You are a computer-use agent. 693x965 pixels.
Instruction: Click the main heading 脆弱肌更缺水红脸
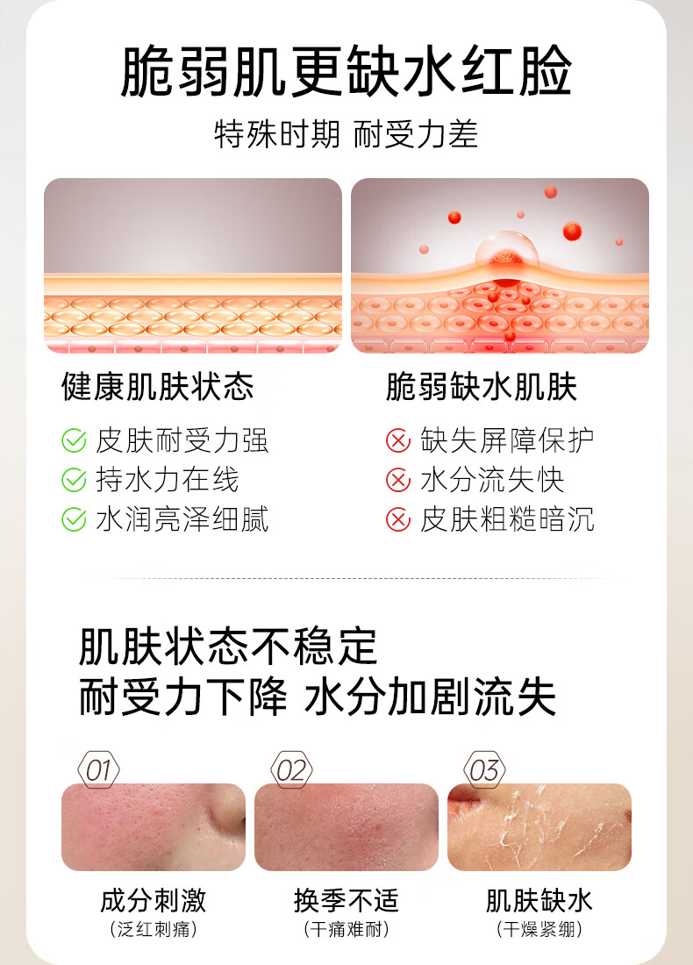pos(346,71)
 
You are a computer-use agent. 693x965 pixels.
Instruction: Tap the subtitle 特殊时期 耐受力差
pos(346,134)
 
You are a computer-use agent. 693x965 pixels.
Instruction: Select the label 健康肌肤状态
pos(158,387)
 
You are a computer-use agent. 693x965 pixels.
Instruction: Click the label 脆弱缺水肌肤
pos(482,387)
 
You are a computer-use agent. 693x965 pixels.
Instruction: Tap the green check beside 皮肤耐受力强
pos(74,440)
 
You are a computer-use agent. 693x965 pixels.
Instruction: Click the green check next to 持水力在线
pos(74,480)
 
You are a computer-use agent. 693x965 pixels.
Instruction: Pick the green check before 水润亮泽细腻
pos(74,519)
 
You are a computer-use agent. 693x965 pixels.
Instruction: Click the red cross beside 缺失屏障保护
pos(398,440)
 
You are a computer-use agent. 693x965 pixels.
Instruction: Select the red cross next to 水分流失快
pos(398,480)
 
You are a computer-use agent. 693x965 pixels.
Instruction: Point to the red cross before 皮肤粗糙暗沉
pos(398,519)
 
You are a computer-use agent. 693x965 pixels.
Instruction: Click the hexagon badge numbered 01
pos(98,769)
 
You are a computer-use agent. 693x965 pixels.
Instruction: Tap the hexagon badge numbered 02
pos(292,769)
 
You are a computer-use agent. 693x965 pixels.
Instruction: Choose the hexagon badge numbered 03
pos(484,769)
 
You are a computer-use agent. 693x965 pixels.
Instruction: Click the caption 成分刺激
pos(154,900)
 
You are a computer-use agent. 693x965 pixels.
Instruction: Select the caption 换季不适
pos(346,900)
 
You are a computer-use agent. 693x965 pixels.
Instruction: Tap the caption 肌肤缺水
pos(539,900)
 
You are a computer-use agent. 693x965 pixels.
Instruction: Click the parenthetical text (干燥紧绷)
pos(539,929)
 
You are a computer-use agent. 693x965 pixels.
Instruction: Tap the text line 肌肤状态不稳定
pos(228,647)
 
